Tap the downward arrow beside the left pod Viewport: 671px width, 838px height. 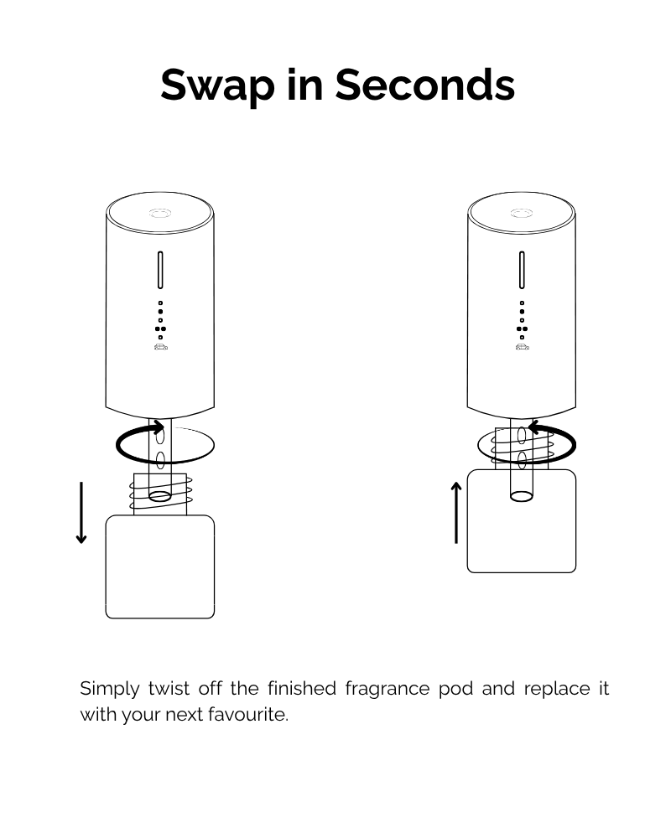click(81, 513)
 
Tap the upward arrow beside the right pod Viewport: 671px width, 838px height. click(456, 513)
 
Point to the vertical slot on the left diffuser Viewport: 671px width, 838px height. click(160, 270)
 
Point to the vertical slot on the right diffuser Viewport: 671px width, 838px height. click(522, 270)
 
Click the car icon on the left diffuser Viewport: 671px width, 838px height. click(160, 346)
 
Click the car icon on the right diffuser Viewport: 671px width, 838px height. click(522, 346)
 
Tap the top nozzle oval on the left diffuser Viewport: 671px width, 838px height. click(160, 214)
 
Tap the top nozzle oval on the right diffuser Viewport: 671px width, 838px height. click(522, 214)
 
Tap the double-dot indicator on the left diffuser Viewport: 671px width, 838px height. click(160, 328)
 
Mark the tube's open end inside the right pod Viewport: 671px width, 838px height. click(521, 496)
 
